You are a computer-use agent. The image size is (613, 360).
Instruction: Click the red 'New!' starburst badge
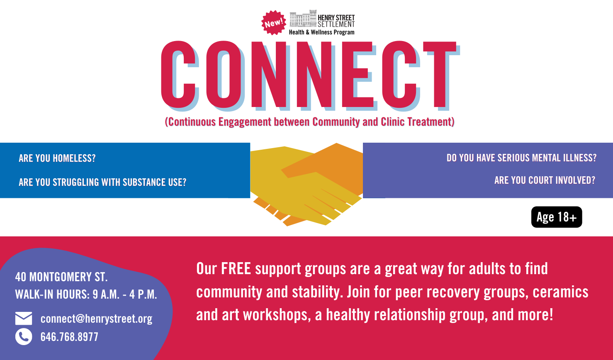click(274, 23)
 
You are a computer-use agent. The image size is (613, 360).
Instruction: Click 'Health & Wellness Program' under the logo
click(321, 32)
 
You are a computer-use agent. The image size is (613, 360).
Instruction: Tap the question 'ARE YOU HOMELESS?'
click(57, 158)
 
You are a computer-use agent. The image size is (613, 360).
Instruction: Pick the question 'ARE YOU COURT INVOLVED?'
click(545, 180)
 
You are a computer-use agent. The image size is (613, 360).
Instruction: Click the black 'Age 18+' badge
click(557, 217)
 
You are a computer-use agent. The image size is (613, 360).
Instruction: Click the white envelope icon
click(24, 319)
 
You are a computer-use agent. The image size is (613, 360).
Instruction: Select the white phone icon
click(24, 336)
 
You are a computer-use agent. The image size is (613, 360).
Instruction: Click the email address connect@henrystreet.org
click(96, 319)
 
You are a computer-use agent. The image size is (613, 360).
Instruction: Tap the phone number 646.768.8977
click(69, 337)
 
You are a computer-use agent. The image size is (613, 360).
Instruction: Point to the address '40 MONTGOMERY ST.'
click(61, 277)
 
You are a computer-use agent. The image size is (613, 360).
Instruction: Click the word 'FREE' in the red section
click(236, 269)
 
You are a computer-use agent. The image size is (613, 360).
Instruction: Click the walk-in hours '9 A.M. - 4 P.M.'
click(125, 294)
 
